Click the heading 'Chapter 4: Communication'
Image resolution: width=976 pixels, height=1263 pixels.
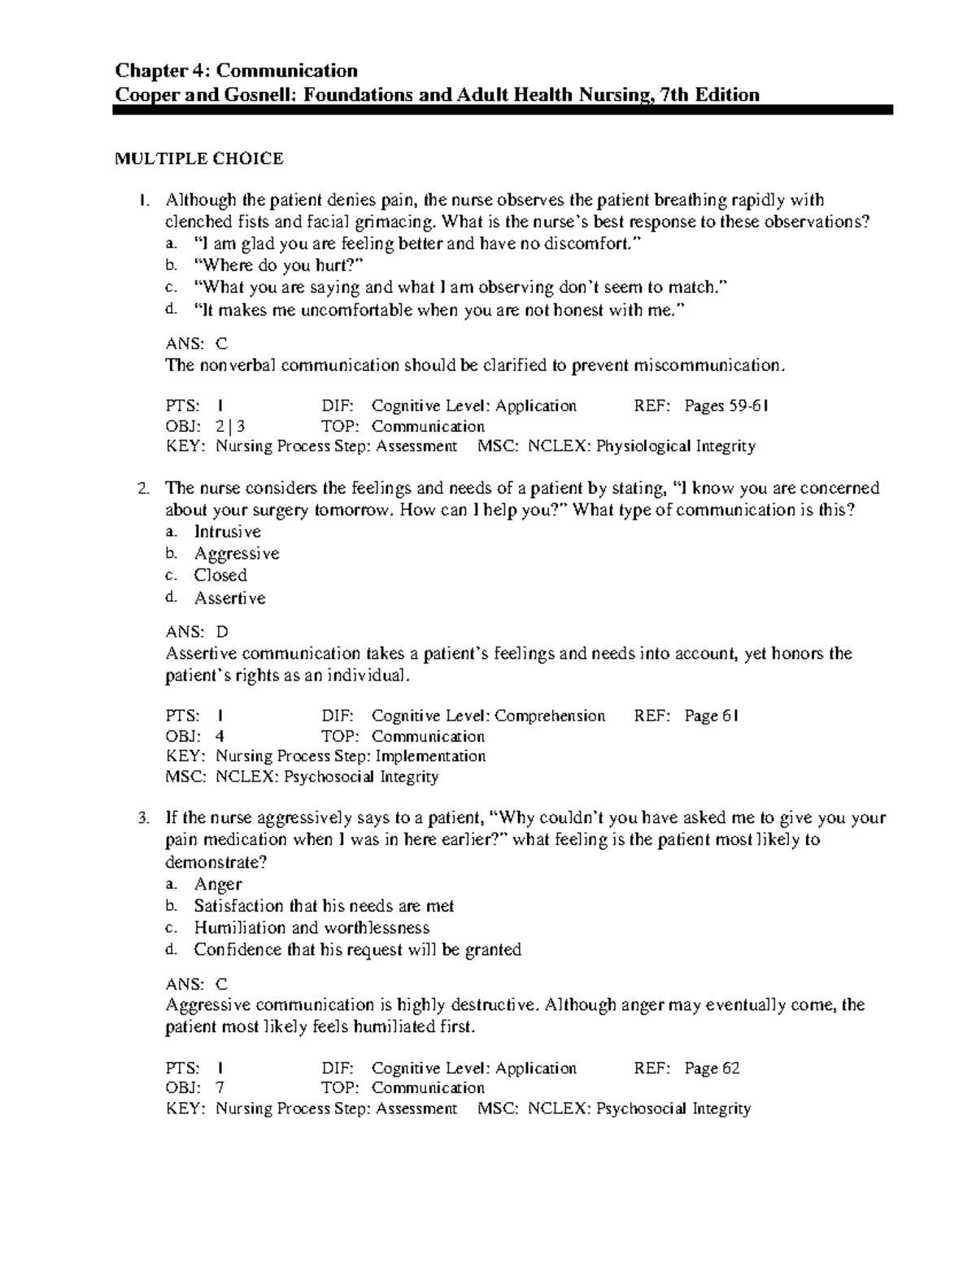(x=237, y=71)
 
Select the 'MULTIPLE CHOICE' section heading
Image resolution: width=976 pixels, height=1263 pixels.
(x=199, y=159)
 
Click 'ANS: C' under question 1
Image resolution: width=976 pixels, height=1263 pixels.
(x=197, y=344)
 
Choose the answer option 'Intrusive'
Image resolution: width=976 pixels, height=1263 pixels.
(x=227, y=532)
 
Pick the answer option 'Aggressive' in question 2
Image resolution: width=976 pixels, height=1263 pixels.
(x=236, y=554)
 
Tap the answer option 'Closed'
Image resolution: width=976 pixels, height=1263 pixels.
(x=220, y=575)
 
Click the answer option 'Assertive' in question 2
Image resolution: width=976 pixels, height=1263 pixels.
(x=229, y=598)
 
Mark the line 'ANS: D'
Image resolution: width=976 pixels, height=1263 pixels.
(x=197, y=632)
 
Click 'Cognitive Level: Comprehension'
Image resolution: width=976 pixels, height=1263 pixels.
(x=488, y=716)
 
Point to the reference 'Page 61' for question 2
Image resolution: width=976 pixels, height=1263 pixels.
(x=712, y=716)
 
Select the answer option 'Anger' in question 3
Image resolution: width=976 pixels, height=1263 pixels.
(x=217, y=884)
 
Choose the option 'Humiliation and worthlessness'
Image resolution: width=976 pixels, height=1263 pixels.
(x=312, y=927)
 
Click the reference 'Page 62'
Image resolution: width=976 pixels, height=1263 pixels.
(x=712, y=1068)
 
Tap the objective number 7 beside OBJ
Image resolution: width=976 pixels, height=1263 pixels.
(x=220, y=1088)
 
